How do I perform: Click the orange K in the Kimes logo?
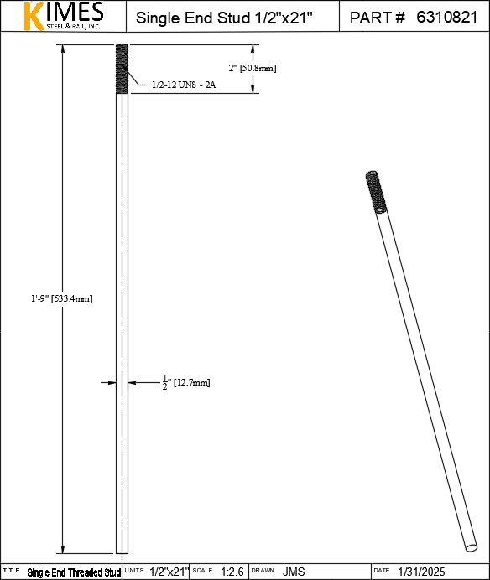point(34,16)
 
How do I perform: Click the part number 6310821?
point(446,18)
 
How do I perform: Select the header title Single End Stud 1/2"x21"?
point(225,18)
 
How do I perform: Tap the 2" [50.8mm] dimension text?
point(253,68)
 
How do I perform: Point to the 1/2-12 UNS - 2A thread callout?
point(184,85)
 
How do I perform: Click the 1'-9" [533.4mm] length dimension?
point(62,298)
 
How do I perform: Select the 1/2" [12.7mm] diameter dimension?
point(186,382)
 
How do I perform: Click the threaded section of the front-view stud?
point(122,69)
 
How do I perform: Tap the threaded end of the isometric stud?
point(376,192)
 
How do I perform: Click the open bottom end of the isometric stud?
point(471,547)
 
